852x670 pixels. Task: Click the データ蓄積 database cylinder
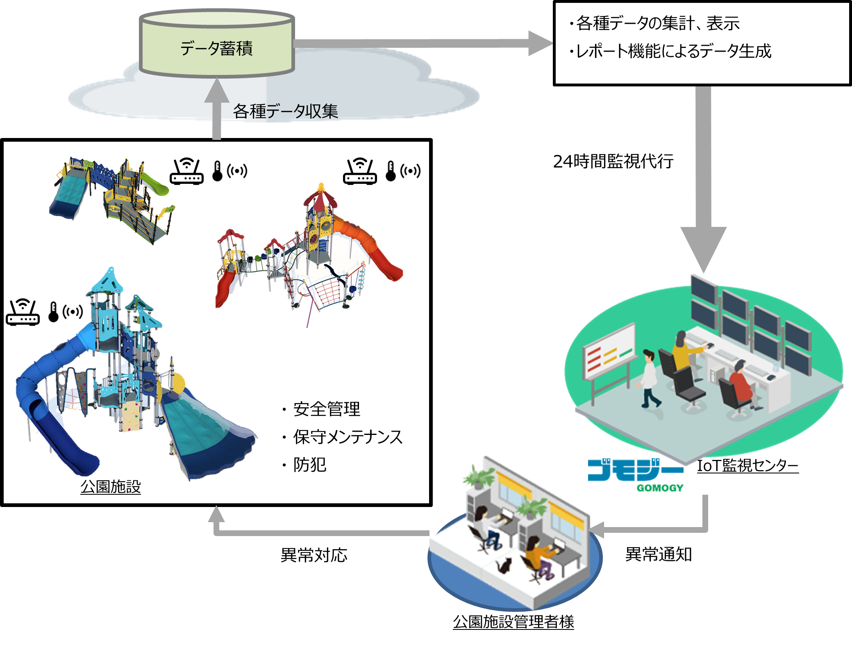(217, 43)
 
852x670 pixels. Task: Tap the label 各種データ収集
(286, 111)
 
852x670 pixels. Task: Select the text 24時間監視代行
(613, 161)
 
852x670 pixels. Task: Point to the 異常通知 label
(659, 555)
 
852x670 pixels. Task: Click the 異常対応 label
(314, 555)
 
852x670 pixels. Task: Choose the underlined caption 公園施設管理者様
(513, 622)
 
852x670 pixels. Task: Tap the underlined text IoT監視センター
(748, 466)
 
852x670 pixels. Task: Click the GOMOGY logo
(636, 475)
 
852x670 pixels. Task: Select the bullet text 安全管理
(327, 409)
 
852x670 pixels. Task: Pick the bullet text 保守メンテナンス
(348, 437)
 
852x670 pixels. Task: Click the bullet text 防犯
(310, 465)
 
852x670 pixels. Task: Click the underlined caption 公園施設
(111, 487)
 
